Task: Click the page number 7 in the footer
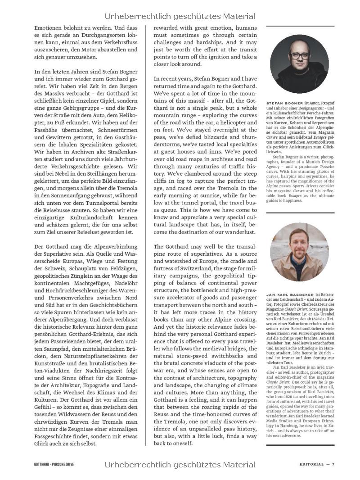(x=333, y=464)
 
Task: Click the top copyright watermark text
(x=180, y=17)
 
